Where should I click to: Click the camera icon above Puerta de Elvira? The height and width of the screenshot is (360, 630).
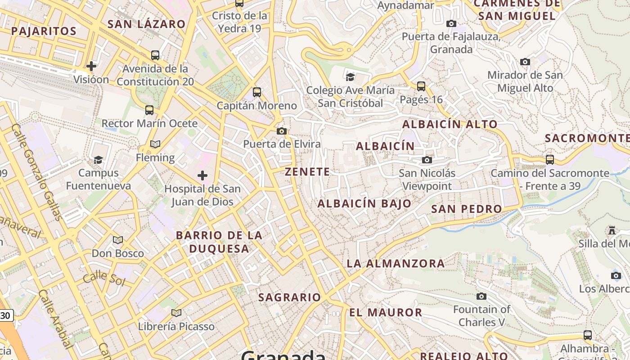[282, 131]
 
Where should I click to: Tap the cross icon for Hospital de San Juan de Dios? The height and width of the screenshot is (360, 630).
[202, 175]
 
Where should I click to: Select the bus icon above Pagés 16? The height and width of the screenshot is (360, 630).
[421, 86]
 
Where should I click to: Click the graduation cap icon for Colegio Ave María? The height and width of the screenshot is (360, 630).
[351, 77]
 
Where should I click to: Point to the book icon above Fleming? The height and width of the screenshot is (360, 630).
[155, 144]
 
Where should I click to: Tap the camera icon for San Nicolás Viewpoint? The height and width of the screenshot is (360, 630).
[427, 160]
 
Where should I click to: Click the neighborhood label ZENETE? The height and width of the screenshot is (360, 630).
[307, 171]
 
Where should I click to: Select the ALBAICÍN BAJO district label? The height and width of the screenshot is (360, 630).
[364, 203]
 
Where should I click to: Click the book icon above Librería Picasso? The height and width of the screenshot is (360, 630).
[176, 313]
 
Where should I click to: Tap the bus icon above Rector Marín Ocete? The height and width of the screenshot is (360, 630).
[149, 110]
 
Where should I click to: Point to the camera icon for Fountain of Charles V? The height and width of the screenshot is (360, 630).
[481, 296]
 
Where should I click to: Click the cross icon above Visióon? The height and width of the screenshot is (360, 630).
[91, 66]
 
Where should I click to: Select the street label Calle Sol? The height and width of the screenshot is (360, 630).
[103, 278]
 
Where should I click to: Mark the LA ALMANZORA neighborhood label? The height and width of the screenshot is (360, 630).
[396, 263]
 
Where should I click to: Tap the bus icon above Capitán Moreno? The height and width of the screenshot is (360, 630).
[257, 92]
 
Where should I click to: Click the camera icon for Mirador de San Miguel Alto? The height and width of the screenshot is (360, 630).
[525, 62]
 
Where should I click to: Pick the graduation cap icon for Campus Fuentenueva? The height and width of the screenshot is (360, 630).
[98, 159]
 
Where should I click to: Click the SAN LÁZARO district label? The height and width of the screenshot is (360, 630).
[146, 24]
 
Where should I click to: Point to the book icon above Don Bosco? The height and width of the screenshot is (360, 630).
[118, 240]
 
